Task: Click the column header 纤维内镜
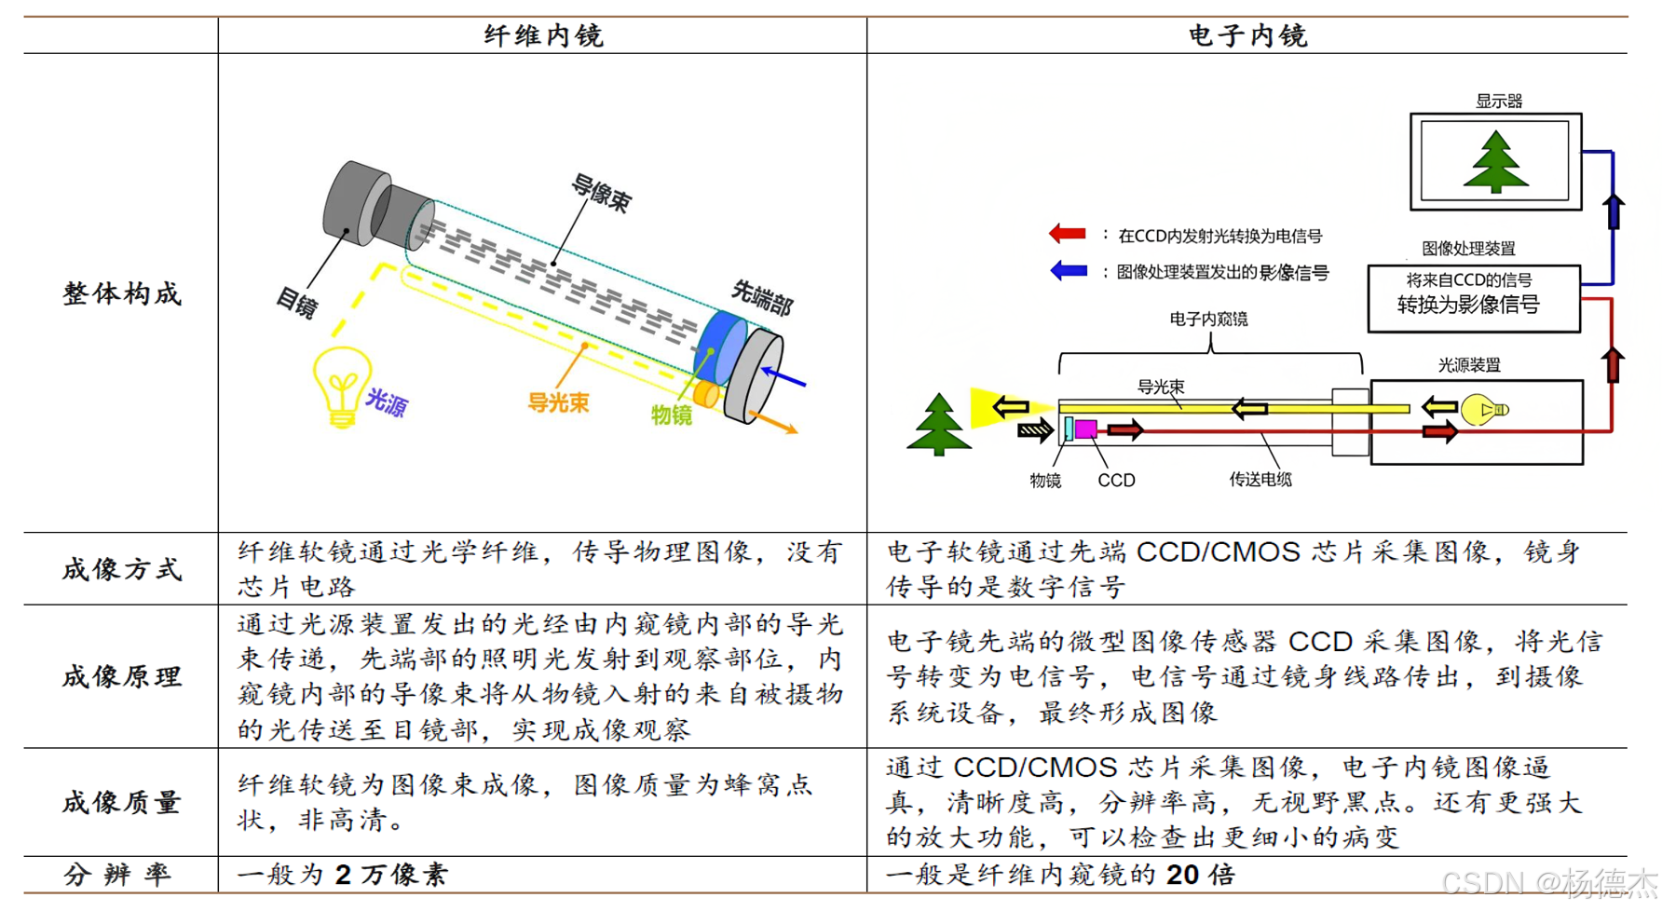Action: click(543, 35)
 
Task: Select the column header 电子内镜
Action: click(1247, 35)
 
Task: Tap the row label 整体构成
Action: click(121, 293)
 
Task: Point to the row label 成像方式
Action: click(121, 569)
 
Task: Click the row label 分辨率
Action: click(117, 874)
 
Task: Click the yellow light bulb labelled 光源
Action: click(341, 385)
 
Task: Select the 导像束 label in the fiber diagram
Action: click(601, 194)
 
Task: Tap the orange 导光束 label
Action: click(558, 402)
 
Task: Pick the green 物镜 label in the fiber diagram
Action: click(671, 415)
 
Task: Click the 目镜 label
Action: click(297, 302)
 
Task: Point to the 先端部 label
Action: click(761, 297)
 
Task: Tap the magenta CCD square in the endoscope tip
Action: click(1085, 429)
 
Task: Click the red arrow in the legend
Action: click(1068, 234)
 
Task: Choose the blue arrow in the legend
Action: click(1068, 271)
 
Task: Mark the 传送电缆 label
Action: click(1260, 480)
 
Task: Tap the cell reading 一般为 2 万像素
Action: click(343, 874)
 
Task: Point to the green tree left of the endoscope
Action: click(938, 425)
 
